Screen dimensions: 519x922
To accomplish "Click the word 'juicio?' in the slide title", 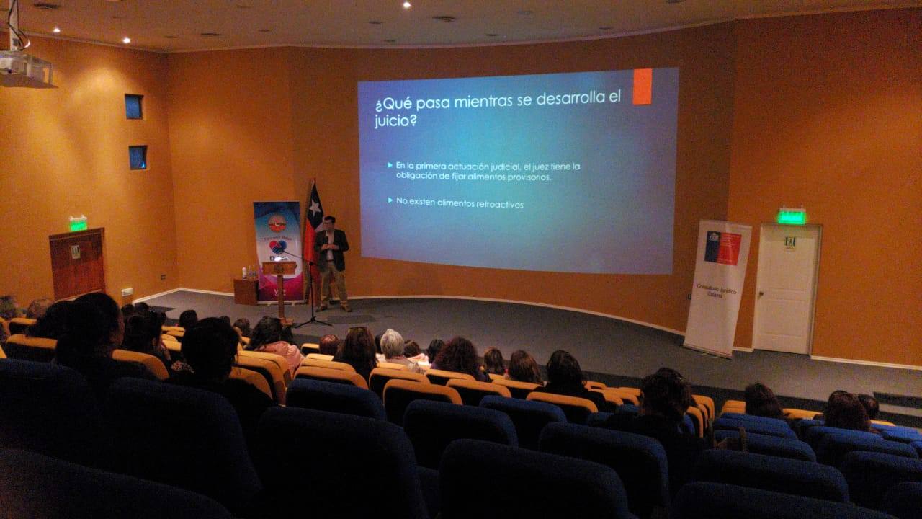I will [396, 121].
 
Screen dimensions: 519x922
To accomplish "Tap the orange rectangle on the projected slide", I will [642, 86].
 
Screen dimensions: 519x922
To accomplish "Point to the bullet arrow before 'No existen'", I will [390, 200].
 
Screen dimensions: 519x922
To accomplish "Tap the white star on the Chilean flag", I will [313, 209].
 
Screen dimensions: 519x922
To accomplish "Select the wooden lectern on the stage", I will [279, 278].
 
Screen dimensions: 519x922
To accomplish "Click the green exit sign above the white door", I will [791, 216].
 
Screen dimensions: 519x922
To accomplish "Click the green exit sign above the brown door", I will [77, 223].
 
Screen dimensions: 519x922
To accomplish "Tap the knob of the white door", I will [758, 288].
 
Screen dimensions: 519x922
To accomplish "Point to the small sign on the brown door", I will [75, 252].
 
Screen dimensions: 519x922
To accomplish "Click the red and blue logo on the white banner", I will [722, 248].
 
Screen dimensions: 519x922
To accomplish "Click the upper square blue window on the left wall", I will [133, 107].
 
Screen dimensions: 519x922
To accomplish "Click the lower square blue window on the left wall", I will [138, 157].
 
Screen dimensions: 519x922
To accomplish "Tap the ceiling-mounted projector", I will [25, 69].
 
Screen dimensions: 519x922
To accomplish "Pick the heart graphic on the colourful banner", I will [276, 247].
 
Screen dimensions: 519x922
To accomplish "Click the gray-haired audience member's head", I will [392, 342].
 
